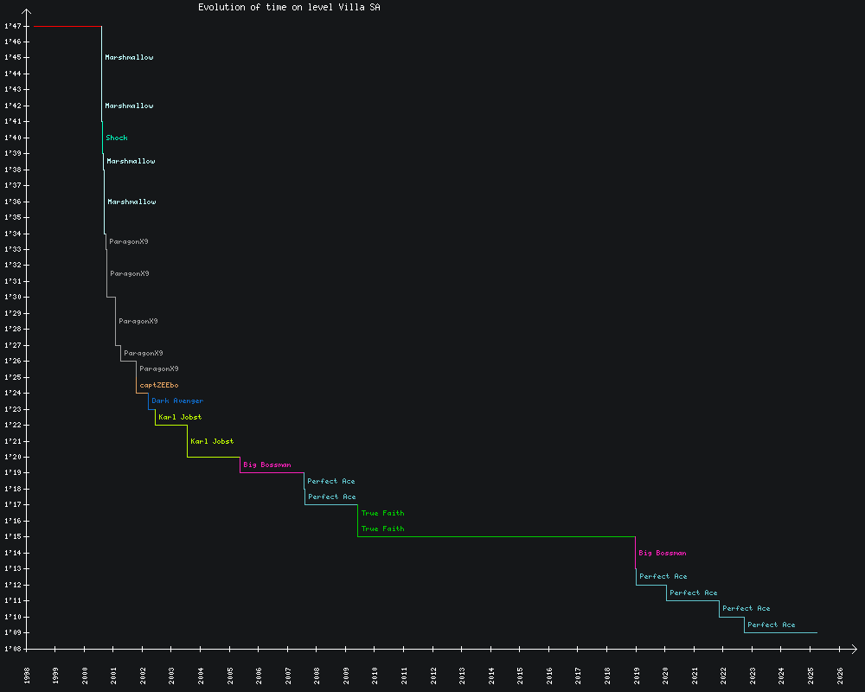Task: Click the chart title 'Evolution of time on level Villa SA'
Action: [x=288, y=7]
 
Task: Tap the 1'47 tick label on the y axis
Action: [x=13, y=26]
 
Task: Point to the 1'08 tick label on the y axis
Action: [x=13, y=649]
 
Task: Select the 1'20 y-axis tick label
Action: [x=13, y=457]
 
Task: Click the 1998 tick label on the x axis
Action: [x=27, y=675]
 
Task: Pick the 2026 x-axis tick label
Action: [x=840, y=675]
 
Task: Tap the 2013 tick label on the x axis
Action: [x=462, y=675]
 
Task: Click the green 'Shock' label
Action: [x=117, y=138]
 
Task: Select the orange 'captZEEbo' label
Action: [x=159, y=385]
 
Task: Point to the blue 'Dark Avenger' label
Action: [x=177, y=400]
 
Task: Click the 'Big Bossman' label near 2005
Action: [x=267, y=465]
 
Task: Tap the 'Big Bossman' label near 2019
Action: [x=663, y=553]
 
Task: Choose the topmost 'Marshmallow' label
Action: [x=129, y=57]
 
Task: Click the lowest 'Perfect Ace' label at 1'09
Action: [x=772, y=625]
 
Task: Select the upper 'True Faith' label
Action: [x=382, y=513]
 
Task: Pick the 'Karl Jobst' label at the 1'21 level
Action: [x=212, y=441]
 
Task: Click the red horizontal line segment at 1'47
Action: [x=67, y=27]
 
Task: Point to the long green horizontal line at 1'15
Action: [x=497, y=536]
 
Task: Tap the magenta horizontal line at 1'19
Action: [x=272, y=472]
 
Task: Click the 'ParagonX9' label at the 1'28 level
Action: [x=138, y=321]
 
